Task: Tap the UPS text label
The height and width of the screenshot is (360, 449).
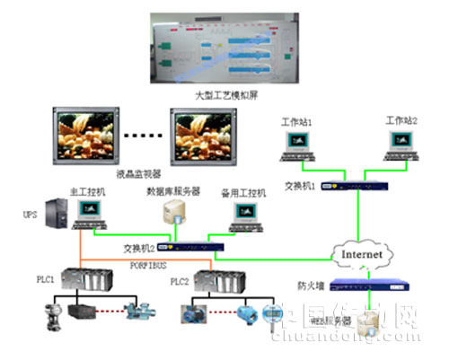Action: pyautogui.click(x=30, y=215)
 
